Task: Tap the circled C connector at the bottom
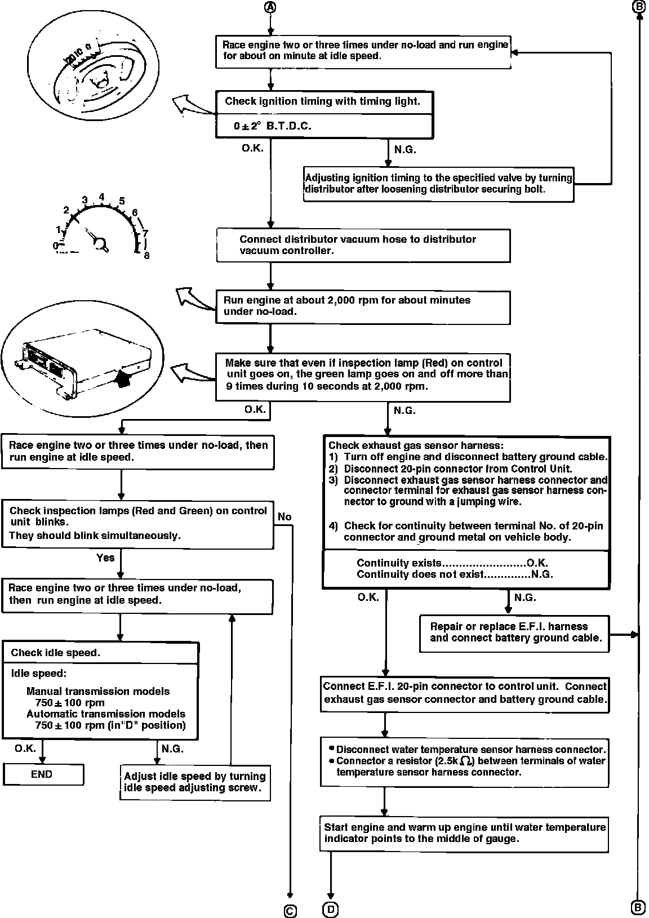(290, 910)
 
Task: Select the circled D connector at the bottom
(330, 908)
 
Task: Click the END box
(43, 774)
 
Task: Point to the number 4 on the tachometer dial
(102, 197)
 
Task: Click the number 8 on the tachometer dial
(146, 255)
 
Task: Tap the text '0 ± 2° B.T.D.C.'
(273, 126)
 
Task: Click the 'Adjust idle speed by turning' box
(195, 782)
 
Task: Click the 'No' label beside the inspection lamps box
(285, 516)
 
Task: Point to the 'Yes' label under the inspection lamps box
(105, 558)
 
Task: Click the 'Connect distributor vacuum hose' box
(363, 245)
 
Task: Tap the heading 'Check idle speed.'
(55, 653)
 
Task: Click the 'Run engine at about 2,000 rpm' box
(363, 306)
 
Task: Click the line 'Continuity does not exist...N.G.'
(455, 574)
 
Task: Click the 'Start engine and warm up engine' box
(464, 833)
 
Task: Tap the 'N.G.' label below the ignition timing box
(405, 150)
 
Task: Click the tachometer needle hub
(101, 243)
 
